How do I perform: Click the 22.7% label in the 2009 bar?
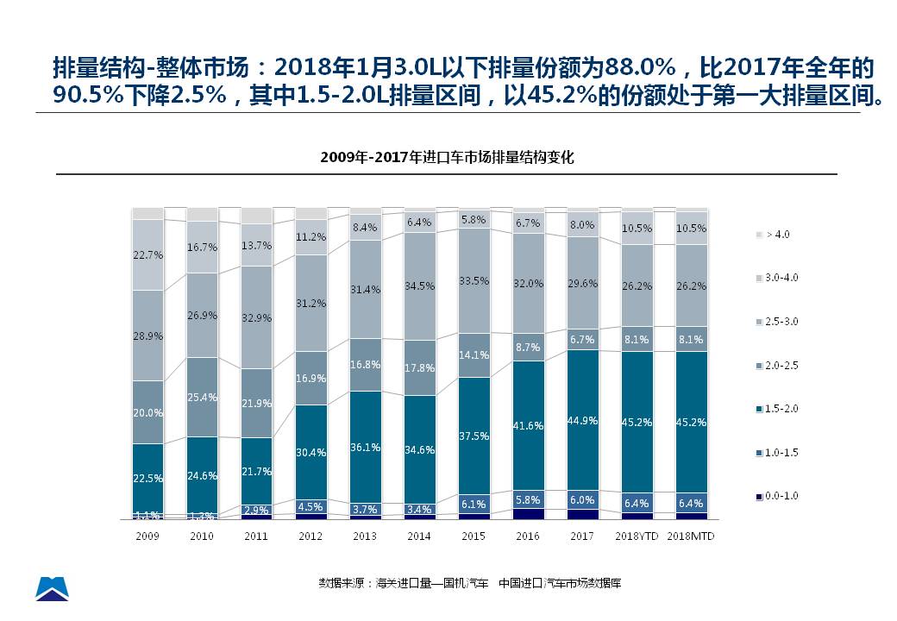(148, 254)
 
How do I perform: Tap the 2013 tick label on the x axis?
(365, 536)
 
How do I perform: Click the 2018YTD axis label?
(637, 536)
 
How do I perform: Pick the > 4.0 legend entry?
(776, 234)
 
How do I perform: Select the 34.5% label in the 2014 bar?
(419, 285)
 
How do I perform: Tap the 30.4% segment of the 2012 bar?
(310, 452)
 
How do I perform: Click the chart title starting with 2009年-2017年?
(447, 158)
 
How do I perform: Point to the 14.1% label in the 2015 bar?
(474, 354)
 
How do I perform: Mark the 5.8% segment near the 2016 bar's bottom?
(528, 499)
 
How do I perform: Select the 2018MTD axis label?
(691, 536)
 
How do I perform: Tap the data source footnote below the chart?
(470, 583)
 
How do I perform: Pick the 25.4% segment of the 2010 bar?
(203, 398)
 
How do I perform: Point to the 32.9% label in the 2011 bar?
(256, 317)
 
